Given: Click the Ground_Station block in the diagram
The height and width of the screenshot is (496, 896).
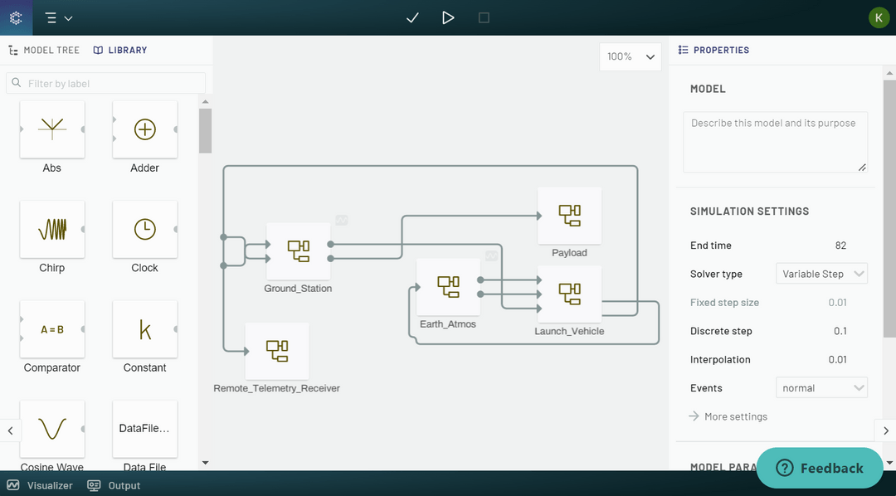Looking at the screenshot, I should [x=298, y=250].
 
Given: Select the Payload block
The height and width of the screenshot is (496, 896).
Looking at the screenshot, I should [x=569, y=216].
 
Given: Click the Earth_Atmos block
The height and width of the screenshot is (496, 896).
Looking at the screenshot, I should [x=448, y=287].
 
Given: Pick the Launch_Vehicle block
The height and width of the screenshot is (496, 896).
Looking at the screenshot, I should [x=569, y=294].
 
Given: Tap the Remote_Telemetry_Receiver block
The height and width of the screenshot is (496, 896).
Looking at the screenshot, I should [x=277, y=351].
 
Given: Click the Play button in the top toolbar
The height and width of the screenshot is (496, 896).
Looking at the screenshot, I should [x=448, y=17].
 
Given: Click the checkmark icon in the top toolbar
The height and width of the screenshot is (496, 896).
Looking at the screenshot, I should [x=412, y=17].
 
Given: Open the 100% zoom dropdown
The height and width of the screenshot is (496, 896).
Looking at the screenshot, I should [x=631, y=56].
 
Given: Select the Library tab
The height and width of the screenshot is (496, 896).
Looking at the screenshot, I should [x=120, y=50].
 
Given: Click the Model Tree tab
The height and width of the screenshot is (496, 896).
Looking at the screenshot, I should [x=44, y=50].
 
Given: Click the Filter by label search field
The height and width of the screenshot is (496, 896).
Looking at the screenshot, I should [x=106, y=83].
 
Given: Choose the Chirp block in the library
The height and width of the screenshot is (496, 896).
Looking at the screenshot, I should [x=52, y=229].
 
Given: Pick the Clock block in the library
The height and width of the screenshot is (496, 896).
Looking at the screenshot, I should [x=145, y=229].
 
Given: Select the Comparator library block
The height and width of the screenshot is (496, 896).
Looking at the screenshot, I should [x=52, y=329].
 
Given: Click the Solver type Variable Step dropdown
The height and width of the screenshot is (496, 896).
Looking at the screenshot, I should [x=821, y=274].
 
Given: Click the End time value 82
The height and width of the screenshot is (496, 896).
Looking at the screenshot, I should [x=840, y=246].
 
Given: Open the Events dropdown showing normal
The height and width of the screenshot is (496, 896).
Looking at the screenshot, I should [x=821, y=387].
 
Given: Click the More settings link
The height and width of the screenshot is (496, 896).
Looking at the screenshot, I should [x=735, y=416].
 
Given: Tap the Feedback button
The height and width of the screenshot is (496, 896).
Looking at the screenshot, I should [x=820, y=468].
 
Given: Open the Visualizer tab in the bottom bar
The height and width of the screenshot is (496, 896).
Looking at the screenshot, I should [x=41, y=485].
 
